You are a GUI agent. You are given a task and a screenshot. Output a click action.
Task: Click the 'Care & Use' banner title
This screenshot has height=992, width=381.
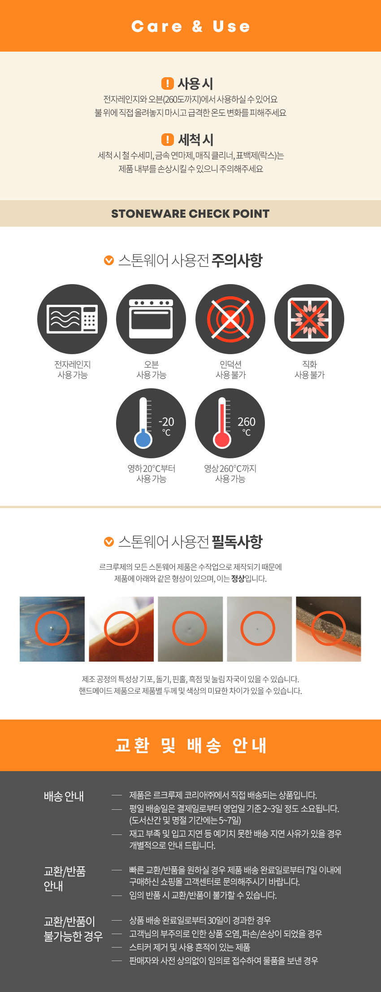pyautogui.click(x=190, y=26)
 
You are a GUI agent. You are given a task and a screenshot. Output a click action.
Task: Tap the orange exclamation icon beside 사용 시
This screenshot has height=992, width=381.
pyautogui.click(x=167, y=83)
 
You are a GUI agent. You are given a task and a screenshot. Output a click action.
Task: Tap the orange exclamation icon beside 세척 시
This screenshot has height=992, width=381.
pyautogui.click(x=167, y=140)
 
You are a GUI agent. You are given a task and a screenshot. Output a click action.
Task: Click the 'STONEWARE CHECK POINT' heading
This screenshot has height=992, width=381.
pyautogui.click(x=190, y=214)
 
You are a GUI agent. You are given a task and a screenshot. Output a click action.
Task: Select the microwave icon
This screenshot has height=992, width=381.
pyautogui.click(x=72, y=319)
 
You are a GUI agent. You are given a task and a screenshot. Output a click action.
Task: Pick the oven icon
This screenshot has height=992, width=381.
pyautogui.click(x=151, y=319)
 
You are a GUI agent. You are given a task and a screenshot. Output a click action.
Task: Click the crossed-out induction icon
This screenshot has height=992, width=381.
pyautogui.click(x=230, y=319)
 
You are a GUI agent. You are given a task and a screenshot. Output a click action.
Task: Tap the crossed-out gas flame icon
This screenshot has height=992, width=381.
pyautogui.click(x=309, y=319)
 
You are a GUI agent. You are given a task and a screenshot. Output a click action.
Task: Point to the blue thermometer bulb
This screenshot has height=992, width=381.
pyautogui.click(x=143, y=439)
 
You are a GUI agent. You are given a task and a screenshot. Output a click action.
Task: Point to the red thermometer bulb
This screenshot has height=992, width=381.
pyautogui.click(x=222, y=439)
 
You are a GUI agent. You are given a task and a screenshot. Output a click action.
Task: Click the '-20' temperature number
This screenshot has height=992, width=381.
pyautogui.click(x=166, y=422)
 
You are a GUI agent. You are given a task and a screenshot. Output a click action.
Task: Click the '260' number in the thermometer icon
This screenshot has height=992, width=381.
pyautogui.click(x=247, y=422)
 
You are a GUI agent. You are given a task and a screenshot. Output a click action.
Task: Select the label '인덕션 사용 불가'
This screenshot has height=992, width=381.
pyautogui.click(x=230, y=369)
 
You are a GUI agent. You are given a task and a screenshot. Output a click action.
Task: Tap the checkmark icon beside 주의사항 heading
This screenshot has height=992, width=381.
pyautogui.click(x=109, y=260)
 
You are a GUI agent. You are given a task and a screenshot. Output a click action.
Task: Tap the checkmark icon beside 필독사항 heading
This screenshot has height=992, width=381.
pyautogui.click(x=109, y=542)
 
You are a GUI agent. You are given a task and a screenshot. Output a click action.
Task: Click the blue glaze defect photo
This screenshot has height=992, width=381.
pyautogui.click(x=52, y=629)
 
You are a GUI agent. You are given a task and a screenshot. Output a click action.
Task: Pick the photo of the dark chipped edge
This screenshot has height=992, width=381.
pyautogui.click(x=329, y=629)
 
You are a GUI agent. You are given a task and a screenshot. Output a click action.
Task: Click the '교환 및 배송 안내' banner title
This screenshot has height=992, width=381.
pyautogui.click(x=190, y=746)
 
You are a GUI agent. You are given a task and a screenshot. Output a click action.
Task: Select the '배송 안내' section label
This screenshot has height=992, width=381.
pyautogui.click(x=64, y=796)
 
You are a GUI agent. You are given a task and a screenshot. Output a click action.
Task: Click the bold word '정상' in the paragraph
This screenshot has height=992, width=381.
pyautogui.click(x=238, y=579)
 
